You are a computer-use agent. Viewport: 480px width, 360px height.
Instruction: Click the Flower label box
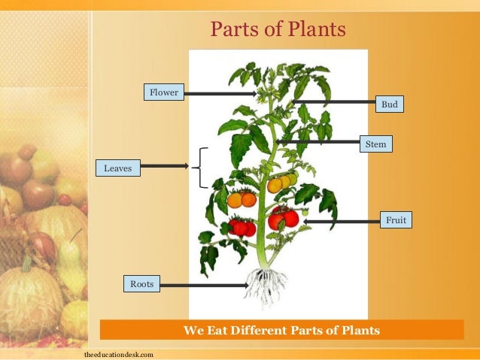[x=163, y=93]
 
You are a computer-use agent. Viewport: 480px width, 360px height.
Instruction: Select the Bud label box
[x=389, y=104]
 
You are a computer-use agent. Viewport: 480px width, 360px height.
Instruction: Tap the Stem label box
[x=375, y=143]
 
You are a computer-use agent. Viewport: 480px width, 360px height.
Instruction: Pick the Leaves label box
[x=117, y=168]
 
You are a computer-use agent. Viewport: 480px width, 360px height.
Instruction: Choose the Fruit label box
[x=396, y=220]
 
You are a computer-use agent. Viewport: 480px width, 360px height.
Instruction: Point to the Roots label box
[x=141, y=284]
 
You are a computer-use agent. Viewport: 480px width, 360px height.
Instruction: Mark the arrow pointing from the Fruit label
[x=342, y=222]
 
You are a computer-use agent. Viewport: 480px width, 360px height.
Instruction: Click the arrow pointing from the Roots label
[x=203, y=285]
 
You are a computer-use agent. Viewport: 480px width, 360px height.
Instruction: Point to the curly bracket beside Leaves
[x=201, y=168]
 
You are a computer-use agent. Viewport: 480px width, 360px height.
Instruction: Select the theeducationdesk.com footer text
[x=119, y=353]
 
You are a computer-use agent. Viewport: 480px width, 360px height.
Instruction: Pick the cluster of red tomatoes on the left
[x=243, y=227]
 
